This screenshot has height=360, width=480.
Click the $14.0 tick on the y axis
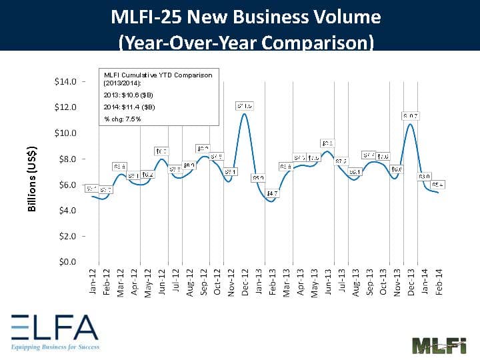tap(65, 81)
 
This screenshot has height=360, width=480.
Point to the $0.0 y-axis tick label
tap(65, 261)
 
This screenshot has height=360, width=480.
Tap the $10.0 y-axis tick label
tap(65, 133)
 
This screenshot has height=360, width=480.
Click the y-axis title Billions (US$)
tap(32, 179)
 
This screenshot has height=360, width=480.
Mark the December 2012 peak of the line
tap(245, 114)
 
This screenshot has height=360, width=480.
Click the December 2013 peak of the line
tap(411, 124)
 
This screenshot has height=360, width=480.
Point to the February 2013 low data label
tap(272, 193)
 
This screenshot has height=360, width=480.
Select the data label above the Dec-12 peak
tap(245, 105)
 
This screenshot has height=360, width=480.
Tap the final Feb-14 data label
tap(438, 184)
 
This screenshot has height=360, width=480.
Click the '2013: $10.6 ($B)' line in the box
tap(129, 95)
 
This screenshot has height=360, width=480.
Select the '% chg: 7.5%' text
tap(123, 119)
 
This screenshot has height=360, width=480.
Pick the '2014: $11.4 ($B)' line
tap(129, 107)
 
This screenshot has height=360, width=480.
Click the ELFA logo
tap(54, 330)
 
